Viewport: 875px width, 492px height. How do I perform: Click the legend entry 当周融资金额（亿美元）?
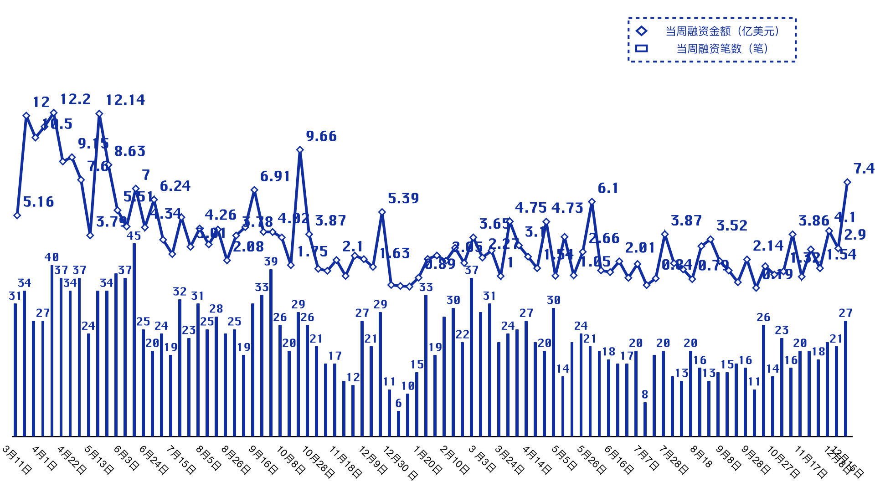pyautogui.click(x=722, y=31)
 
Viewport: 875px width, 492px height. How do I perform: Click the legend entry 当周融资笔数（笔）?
pyautogui.click(x=722, y=49)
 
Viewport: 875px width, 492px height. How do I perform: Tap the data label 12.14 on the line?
pyautogui.click(x=125, y=100)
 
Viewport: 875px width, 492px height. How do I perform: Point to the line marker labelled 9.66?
pyautogui.click(x=300, y=150)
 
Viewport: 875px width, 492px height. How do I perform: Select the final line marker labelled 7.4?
pyautogui.click(x=847, y=182)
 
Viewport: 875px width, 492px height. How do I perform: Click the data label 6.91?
pyautogui.click(x=275, y=176)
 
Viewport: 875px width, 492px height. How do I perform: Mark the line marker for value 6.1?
pyautogui.click(x=592, y=202)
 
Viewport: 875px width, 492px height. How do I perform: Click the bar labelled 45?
pyautogui.click(x=134, y=339)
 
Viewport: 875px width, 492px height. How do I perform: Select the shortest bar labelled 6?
pyautogui.click(x=399, y=423)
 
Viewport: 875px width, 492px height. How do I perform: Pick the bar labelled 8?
pyautogui.click(x=645, y=419)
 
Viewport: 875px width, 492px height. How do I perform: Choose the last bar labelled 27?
pyautogui.click(x=846, y=378)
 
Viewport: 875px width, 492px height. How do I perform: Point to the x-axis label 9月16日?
pyautogui.click(x=263, y=459)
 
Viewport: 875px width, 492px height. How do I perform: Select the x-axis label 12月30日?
pyautogui.click(x=400, y=462)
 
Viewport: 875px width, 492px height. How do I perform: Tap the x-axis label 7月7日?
pyautogui.click(x=647, y=458)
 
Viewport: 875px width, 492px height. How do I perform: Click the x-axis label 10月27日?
pyautogui.click(x=783, y=461)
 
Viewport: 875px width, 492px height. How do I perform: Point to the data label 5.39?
pyautogui.click(x=403, y=198)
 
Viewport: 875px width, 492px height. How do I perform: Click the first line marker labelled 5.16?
pyautogui.click(x=17, y=215)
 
